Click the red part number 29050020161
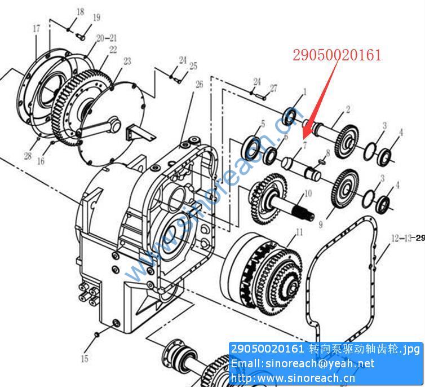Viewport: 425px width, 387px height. [337, 55]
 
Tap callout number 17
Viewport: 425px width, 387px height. [37, 28]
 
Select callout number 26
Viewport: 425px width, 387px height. [199, 85]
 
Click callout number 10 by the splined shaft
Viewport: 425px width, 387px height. [308, 194]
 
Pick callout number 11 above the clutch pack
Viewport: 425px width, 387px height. [299, 232]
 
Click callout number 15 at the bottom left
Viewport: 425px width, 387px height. [85, 359]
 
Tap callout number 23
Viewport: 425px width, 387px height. [127, 61]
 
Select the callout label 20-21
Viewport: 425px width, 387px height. [107, 38]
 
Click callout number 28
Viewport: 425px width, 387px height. [28, 156]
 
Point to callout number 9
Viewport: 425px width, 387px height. [321, 225]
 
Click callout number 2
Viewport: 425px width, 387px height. [348, 109]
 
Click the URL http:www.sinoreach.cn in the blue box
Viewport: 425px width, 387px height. [293, 378]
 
